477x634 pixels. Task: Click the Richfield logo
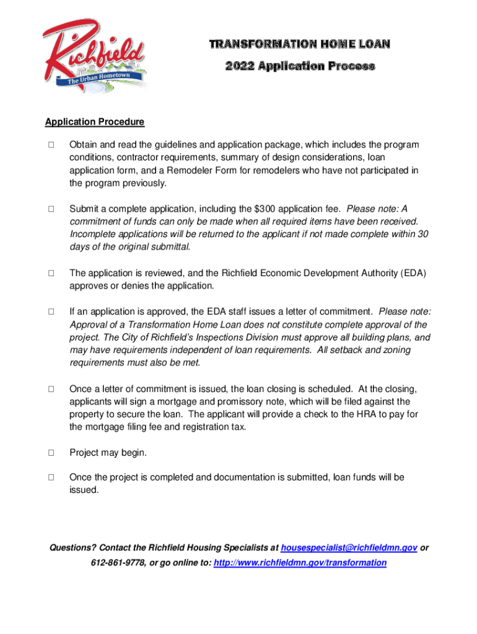94,55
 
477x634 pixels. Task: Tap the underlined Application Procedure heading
95,122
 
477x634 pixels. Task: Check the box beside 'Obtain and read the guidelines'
51,145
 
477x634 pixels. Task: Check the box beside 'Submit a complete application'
51,209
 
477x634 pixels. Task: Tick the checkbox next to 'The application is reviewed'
51,273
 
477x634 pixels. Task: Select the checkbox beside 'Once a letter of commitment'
51,389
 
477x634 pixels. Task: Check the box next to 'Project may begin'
51,453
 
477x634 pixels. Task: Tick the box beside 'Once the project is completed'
51,477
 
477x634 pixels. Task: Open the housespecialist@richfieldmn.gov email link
349,548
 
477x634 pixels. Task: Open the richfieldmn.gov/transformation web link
300,563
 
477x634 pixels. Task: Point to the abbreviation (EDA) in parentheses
414,273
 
